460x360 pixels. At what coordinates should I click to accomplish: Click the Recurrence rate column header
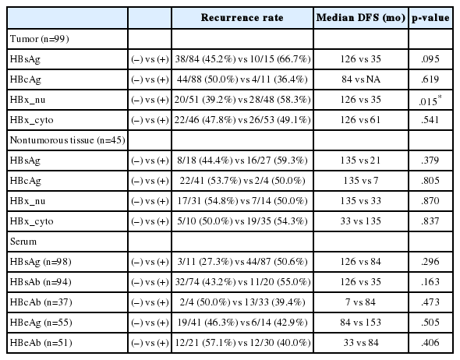click(242, 18)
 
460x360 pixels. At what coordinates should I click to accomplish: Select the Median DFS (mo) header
click(361, 18)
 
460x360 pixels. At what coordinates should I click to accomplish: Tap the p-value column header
click(430, 18)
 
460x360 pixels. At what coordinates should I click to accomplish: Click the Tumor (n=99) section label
click(39, 39)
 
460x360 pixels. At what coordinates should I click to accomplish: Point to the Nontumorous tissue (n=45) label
click(68, 140)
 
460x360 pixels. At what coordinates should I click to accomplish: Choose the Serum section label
click(23, 242)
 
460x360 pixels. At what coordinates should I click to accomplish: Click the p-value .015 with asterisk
click(430, 101)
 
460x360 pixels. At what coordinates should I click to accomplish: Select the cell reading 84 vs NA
click(361, 79)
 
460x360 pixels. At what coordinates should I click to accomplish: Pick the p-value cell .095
click(430, 59)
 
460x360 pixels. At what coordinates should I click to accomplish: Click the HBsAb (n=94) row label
click(41, 282)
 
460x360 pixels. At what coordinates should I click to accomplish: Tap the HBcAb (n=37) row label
click(41, 302)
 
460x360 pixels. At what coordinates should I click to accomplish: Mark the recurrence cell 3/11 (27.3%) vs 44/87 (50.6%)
click(242, 262)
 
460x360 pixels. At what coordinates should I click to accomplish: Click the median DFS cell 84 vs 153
click(361, 323)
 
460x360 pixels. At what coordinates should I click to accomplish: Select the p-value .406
click(430, 343)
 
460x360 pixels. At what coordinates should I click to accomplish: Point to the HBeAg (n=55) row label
click(41, 323)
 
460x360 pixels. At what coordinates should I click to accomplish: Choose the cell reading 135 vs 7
click(361, 181)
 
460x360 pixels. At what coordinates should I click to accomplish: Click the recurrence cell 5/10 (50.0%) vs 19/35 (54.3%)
click(242, 221)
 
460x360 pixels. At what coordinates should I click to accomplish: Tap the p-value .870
click(430, 201)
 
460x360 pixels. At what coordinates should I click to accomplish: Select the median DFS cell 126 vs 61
click(361, 120)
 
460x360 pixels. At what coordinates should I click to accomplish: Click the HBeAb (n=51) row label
click(41, 343)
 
